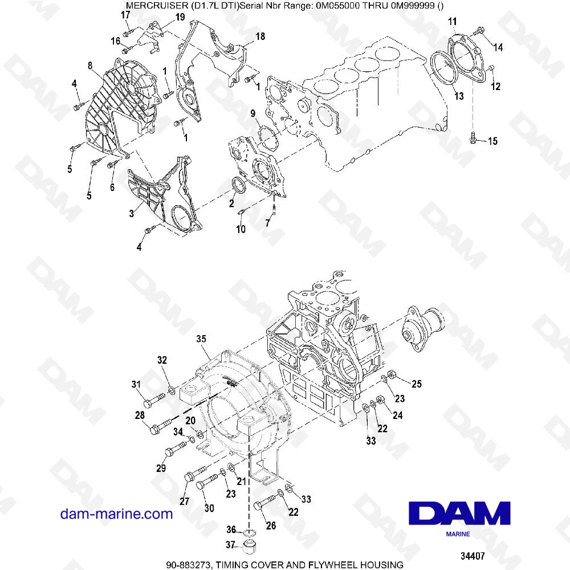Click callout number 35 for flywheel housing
[x=201, y=339]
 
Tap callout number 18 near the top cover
[x=260, y=36]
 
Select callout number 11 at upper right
[x=452, y=22]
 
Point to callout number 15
[x=492, y=141]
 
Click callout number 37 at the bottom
[x=231, y=545]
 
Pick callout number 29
[x=161, y=469]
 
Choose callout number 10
[x=241, y=229]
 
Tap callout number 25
[x=417, y=384]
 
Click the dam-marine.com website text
[x=116, y=514]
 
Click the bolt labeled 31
[x=149, y=403]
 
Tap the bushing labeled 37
[x=249, y=548]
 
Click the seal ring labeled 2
[x=238, y=185]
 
